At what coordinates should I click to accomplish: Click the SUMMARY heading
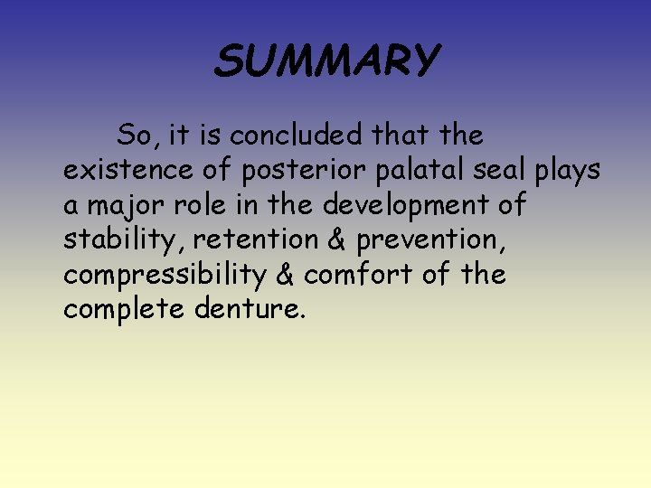pos(326,61)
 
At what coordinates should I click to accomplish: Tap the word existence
pos(126,171)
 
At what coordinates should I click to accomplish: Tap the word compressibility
pos(160,275)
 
